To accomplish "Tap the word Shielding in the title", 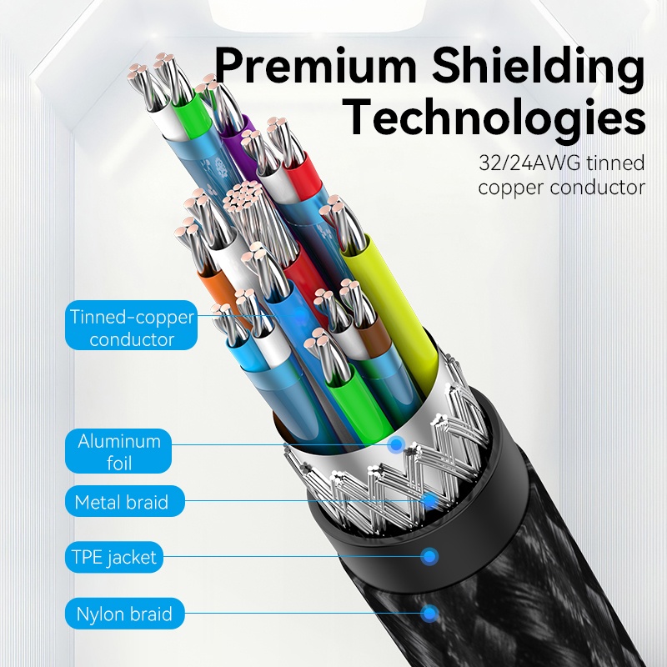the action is tap(538, 69).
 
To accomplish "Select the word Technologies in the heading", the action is tap(496, 116).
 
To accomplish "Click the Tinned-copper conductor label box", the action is tap(132, 325).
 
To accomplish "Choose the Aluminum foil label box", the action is tap(118, 451).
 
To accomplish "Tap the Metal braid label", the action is tap(124, 502).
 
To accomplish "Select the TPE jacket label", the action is tap(114, 557).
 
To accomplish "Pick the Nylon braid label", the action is tap(124, 614).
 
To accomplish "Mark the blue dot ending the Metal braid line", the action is tap(430, 501).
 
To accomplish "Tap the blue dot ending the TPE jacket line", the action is tap(429, 556).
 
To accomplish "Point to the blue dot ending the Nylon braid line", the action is tap(430, 614).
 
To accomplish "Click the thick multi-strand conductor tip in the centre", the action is tap(243, 197).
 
